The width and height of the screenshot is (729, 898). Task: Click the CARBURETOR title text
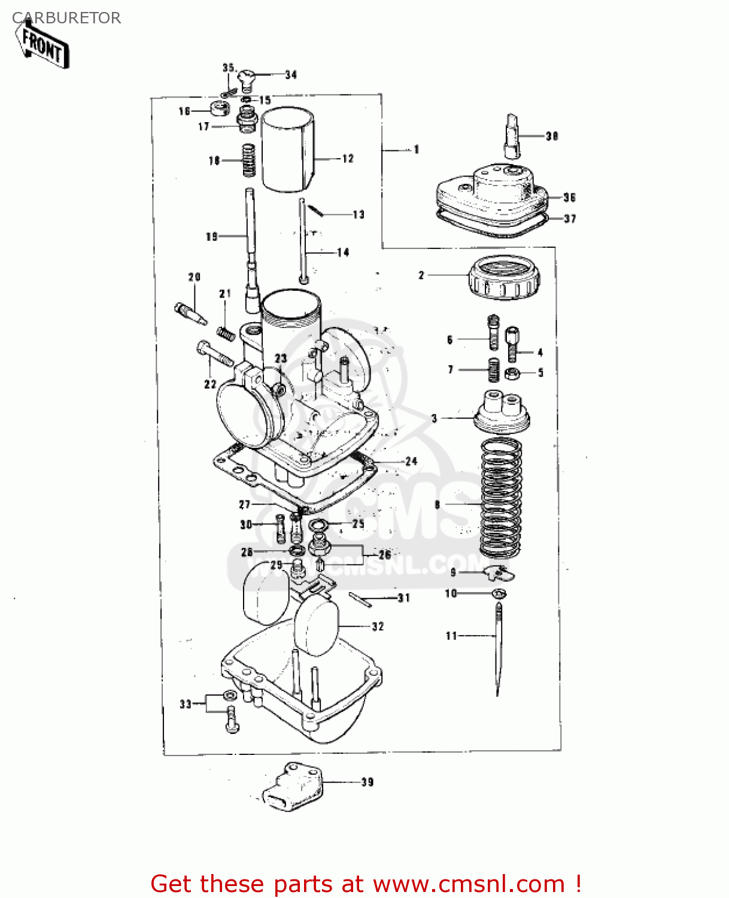pos(66,18)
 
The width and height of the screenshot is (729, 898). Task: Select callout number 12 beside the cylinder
pos(348,159)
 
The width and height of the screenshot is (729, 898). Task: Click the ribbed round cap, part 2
pos(504,278)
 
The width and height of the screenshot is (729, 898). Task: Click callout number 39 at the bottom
pos(367,782)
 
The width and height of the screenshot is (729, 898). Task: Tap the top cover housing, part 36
pos(491,195)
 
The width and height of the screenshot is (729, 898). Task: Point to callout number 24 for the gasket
pos(411,462)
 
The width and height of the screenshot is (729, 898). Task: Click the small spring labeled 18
pos(248,160)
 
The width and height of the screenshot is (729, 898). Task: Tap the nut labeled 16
pos(220,109)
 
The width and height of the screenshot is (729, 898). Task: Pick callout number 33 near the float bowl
pos(186,704)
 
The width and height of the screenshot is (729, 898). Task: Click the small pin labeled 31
pos(362,599)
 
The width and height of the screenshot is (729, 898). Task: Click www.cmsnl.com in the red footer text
pos(469,884)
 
